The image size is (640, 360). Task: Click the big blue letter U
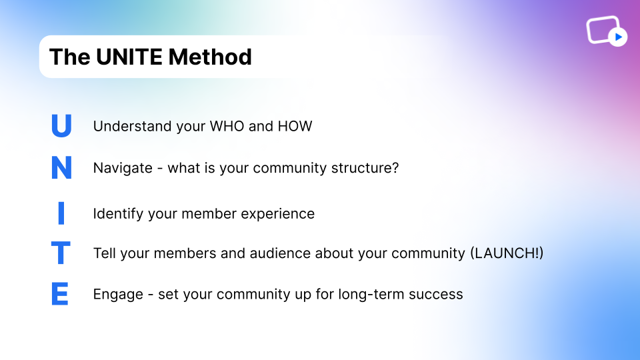click(x=61, y=125)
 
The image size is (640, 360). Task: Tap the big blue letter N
click(x=61, y=167)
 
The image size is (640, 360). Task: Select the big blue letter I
click(x=61, y=213)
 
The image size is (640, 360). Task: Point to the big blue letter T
click(x=61, y=253)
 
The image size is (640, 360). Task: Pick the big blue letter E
click(x=60, y=293)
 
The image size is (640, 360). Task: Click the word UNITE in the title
click(x=129, y=57)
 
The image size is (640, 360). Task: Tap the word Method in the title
click(x=210, y=57)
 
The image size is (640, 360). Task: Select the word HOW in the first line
click(x=295, y=126)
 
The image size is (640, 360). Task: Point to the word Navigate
click(x=123, y=168)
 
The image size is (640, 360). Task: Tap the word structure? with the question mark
click(x=365, y=168)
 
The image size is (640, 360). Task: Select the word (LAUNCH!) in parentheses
click(x=507, y=253)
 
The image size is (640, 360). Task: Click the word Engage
click(x=118, y=295)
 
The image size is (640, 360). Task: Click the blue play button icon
click(x=618, y=37)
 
